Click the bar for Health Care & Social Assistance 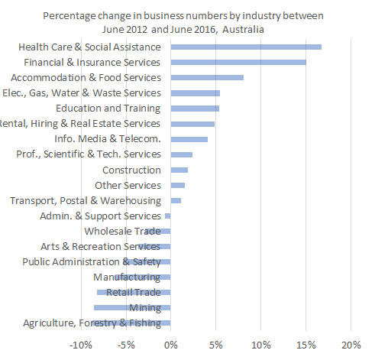click(x=246, y=47)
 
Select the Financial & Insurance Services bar click(x=238, y=62)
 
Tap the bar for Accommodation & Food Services click(x=207, y=77)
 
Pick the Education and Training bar click(x=195, y=109)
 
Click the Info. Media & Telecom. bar click(x=189, y=139)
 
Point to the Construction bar click(x=179, y=170)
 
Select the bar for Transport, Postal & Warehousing click(x=176, y=200)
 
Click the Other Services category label click(x=128, y=185)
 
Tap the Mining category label click(x=145, y=308)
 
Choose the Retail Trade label click(x=134, y=292)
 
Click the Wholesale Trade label click(x=122, y=231)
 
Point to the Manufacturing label click(x=127, y=277)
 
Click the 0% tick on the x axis click(x=170, y=345)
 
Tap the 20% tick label click(x=351, y=345)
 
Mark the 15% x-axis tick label click(x=306, y=345)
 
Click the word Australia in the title click(x=241, y=28)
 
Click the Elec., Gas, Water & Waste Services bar click(x=195, y=92)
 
